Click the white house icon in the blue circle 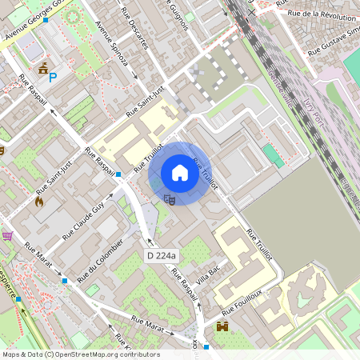click(180, 173)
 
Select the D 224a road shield click(162, 255)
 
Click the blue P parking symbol click(53, 78)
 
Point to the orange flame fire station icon click(38, 202)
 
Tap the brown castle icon click(222, 326)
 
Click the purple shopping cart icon click(7, 236)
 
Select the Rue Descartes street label click(134, 29)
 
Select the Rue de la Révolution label click(325, 15)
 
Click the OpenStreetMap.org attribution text click(100, 354)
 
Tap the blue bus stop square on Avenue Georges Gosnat click(46, 19)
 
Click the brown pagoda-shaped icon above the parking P click(43, 68)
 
